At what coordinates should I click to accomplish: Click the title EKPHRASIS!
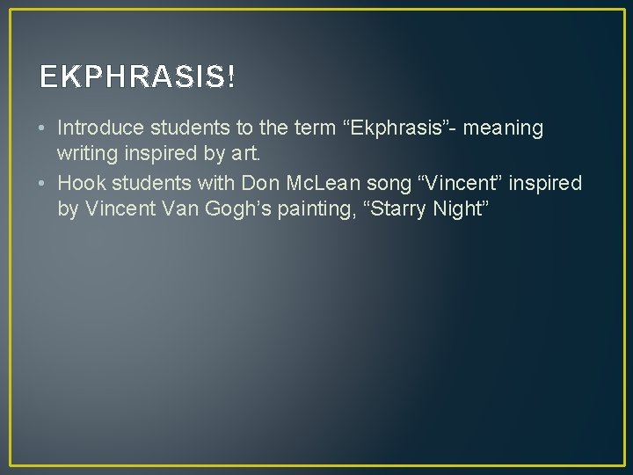137,78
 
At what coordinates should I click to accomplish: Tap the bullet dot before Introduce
44,128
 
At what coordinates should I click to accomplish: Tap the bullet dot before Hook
44,183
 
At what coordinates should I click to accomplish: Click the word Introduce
98,128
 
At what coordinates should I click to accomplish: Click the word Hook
78,183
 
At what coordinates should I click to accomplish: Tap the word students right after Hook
141,183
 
